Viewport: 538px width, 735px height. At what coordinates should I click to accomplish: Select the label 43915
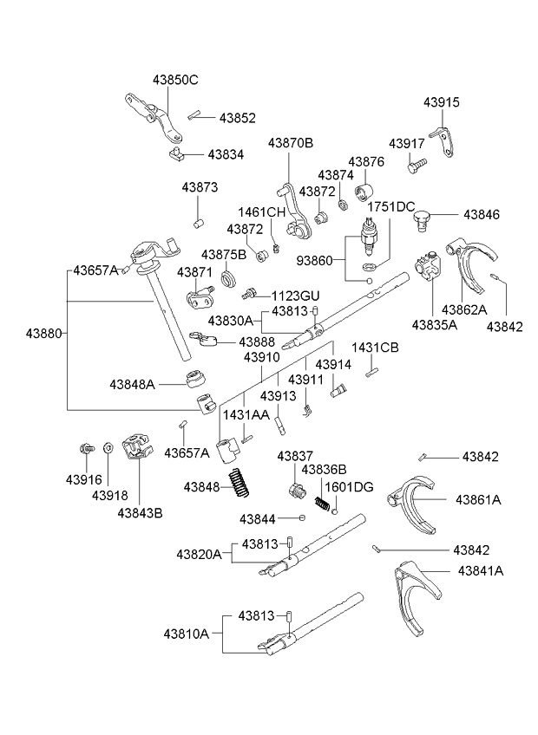click(x=442, y=102)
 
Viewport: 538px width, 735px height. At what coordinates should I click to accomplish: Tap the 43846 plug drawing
click(x=423, y=218)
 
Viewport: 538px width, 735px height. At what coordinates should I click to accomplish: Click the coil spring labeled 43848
click(x=238, y=483)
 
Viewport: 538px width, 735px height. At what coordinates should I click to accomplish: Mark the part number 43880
click(x=43, y=332)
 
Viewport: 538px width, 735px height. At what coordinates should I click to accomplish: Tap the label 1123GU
click(x=296, y=295)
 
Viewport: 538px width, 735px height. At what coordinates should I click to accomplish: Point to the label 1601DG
click(x=349, y=487)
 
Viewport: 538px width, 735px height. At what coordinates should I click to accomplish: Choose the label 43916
click(x=83, y=479)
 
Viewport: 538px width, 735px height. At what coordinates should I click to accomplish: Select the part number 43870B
click(x=290, y=143)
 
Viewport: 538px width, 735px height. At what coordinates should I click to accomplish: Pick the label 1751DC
click(x=390, y=207)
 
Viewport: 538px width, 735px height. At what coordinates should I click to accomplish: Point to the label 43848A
click(x=132, y=383)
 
